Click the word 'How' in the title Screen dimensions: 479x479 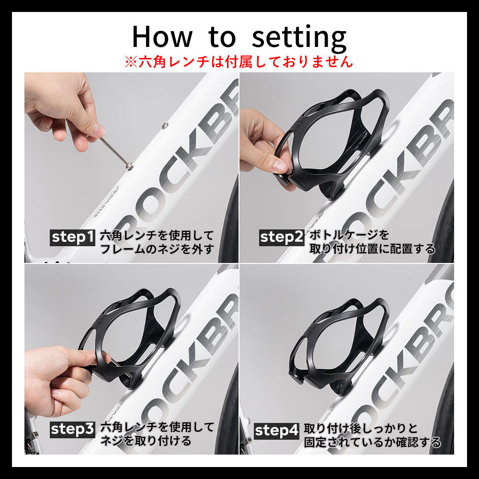162,36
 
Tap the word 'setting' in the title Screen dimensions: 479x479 299,38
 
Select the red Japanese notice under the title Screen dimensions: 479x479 239,62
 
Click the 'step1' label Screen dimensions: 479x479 72,238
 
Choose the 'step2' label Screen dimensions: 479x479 282,238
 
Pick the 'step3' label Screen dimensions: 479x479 72,430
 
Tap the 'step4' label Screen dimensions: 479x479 276,431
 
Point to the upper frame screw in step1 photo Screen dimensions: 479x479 165,125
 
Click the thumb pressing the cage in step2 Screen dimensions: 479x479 276,163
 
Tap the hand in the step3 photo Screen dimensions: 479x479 61,382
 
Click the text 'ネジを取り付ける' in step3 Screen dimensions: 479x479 146,441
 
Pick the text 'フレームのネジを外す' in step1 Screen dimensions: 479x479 157,249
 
